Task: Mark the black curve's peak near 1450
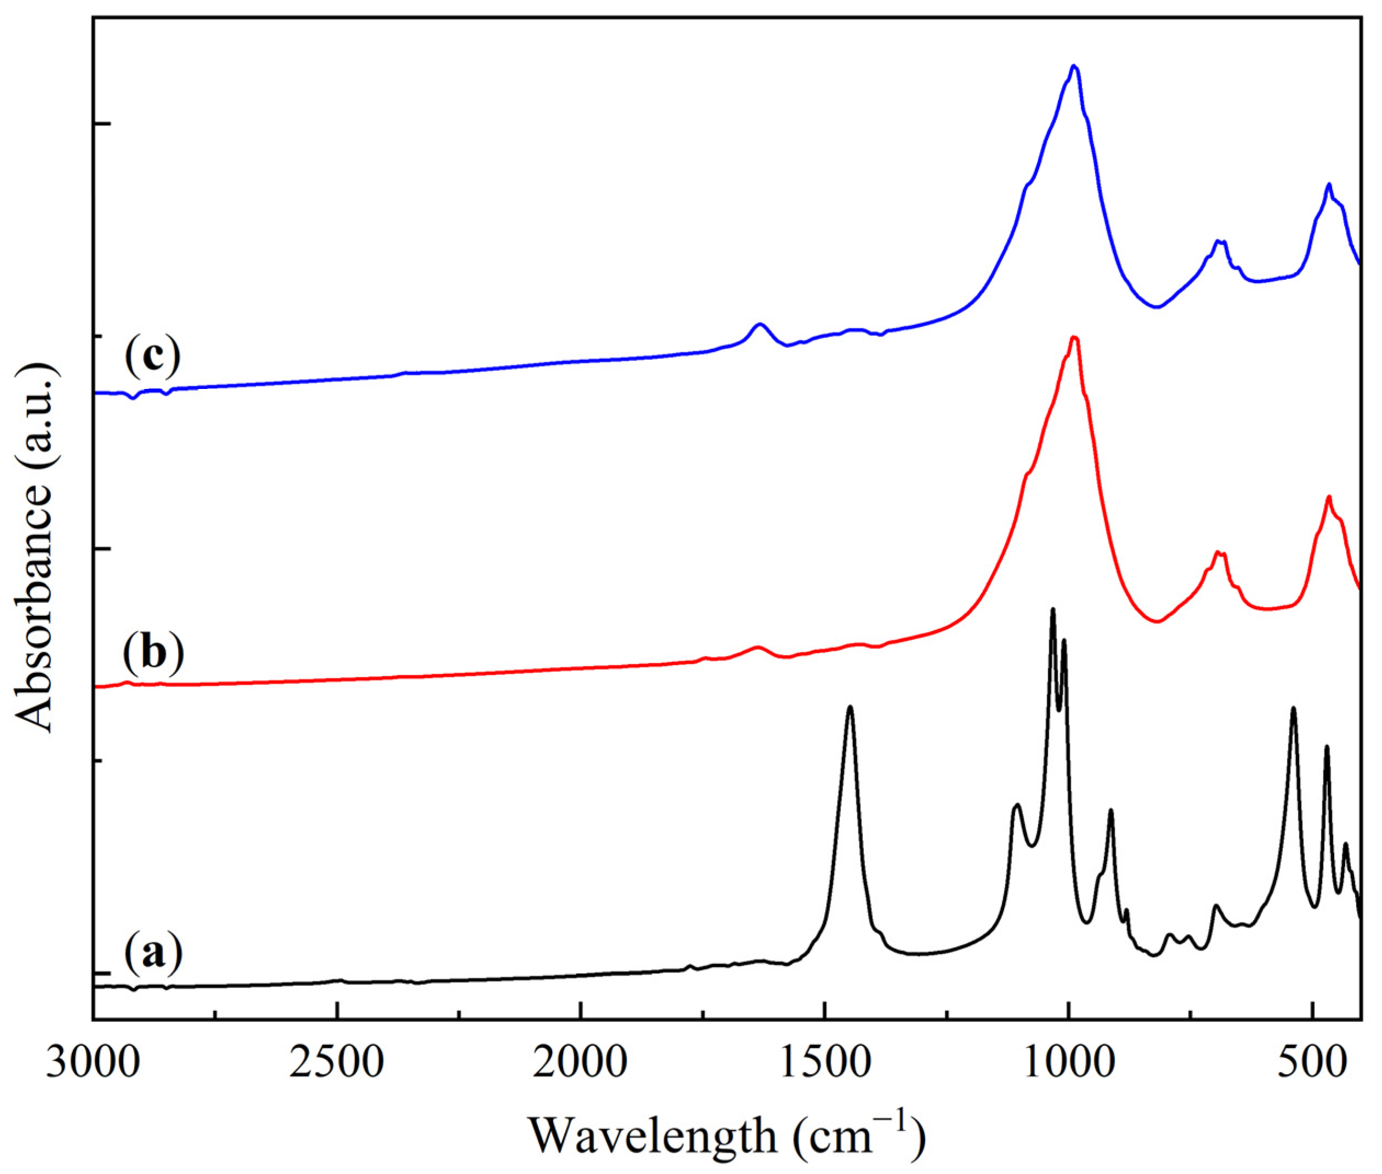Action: (x=850, y=707)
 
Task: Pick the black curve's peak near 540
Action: (x=1293, y=708)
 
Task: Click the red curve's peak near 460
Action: (x=1329, y=496)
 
